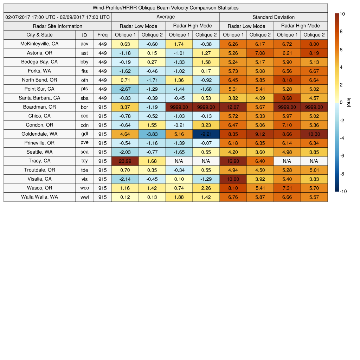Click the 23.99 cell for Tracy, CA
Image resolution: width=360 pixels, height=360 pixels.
point(125,161)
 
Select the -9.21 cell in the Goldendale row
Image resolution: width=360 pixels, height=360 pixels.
point(206,134)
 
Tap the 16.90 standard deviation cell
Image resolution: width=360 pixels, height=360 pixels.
point(233,161)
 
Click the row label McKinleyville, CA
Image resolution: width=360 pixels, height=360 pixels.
point(39,44)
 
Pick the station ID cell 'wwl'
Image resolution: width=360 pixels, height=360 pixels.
point(84,197)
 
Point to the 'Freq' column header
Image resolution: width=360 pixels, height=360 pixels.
point(102,35)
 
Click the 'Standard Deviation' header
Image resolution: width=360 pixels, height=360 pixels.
point(274,17)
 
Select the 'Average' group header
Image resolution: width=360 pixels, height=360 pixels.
point(165,17)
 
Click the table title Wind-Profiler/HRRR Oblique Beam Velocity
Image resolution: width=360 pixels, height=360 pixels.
point(166,8)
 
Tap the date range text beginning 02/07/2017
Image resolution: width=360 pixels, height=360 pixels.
point(58,17)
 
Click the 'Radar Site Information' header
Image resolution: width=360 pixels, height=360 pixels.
point(57,26)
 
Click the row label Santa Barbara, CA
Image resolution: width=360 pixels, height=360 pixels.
point(39,98)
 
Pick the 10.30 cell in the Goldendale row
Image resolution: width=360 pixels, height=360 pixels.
point(314,134)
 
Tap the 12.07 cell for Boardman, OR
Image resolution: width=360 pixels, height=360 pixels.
point(233,107)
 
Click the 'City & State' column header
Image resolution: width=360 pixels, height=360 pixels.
point(39,35)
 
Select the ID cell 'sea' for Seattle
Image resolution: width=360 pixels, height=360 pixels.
point(84,152)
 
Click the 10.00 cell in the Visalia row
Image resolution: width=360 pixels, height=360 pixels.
point(233,179)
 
